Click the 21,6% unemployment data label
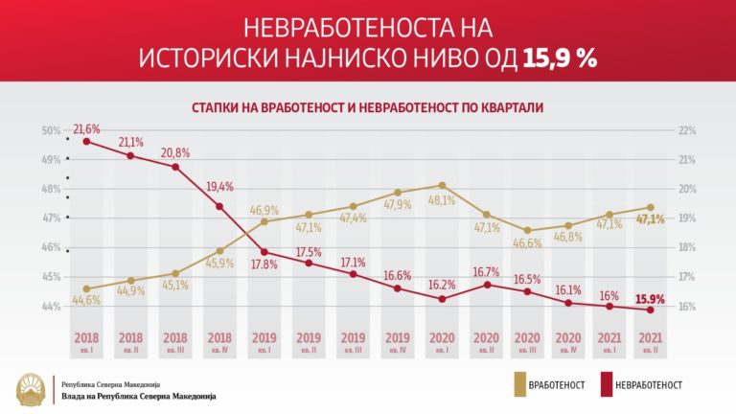87,128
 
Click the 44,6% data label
87,300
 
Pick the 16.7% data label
486,271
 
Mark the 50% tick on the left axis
51,130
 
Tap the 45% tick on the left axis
51,277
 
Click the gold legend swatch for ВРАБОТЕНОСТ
522,383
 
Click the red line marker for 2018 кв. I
87,142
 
